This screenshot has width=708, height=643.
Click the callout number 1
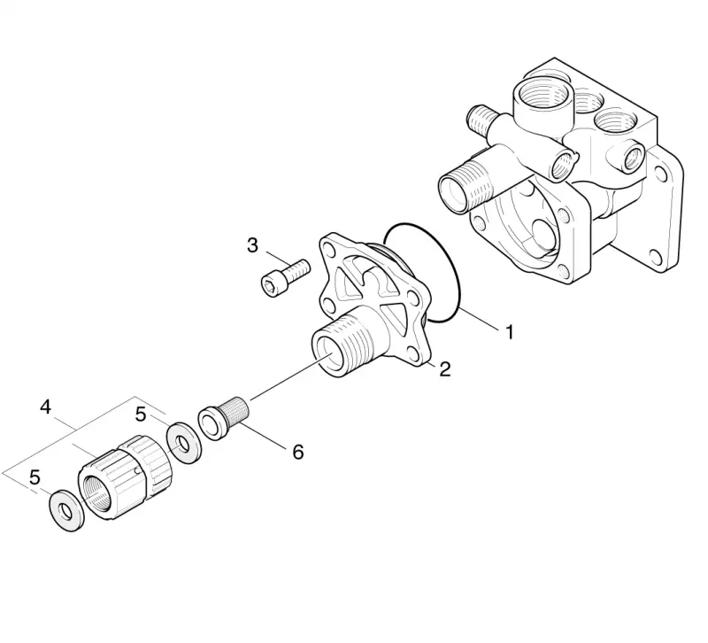pyautogui.click(x=510, y=332)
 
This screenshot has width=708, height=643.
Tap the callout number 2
pyautogui.click(x=445, y=369)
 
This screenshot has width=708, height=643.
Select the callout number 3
pyautogui.click(x=252, y=245)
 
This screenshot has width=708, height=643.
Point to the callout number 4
pyautogui.click(x=46, y=407)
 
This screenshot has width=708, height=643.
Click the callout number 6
pyautogui.click(x=298, y=452)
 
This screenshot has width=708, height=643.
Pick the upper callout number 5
pyautogui.click(x=142, y=414)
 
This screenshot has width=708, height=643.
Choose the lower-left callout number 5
pyautogui.click(x=35, y=477)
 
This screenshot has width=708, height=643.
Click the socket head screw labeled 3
pyautogui.click(x=286, y=278)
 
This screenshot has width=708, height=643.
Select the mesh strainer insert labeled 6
pyautogui.click(x=224, y=416)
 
